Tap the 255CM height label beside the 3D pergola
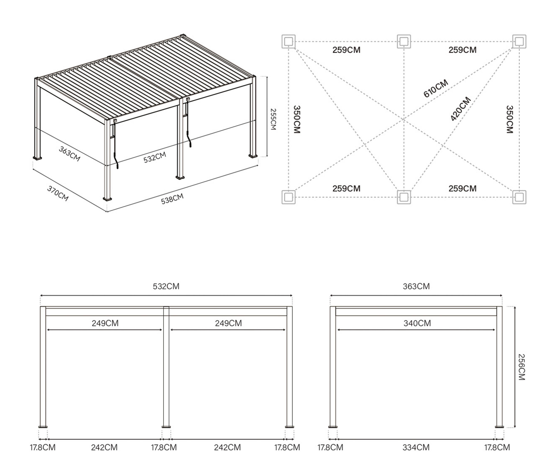pos(273,119)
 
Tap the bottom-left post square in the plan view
pos(288,197)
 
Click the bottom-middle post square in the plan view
pos(404,197)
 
